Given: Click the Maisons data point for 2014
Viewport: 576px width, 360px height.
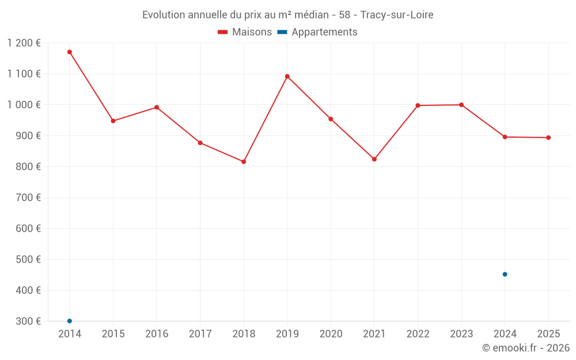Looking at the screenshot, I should pyautogui.click(x=70, y=52).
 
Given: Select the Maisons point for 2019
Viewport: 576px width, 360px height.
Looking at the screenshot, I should pyautogui.click(x=287, y=76).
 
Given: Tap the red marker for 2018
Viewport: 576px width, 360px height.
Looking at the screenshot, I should pyautogui.click(x=244, y=162).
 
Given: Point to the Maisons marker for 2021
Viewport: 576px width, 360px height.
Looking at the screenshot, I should pyautogui.click(x=374, y=159).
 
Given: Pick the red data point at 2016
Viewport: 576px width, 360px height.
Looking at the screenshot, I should pyautogui.click(x=157, y=107).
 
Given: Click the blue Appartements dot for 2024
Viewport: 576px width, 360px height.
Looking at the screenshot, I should pyautogui.click(x=505, y=274).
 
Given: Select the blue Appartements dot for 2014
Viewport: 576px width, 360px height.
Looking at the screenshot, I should pyautogui.click(x=70, y=321).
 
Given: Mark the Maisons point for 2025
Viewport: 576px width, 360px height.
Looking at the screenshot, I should pyautogui.click(x=548, y=138).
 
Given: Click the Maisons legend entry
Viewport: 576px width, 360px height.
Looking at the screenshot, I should pyautogui.click(x=245, y=32).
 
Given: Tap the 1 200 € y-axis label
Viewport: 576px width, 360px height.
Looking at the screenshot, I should pyautogui.click(x=24, y=43).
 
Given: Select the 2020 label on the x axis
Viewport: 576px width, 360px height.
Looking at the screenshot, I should pyautogui.click(x=331, y=334).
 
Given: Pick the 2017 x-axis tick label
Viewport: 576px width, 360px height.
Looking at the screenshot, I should pyautogui.click(x=200, y=334).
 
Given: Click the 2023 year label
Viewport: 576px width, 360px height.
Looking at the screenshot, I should pyautogui.click(x=461, y=334).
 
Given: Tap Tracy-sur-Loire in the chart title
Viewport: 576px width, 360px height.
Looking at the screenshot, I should pyautogui.click(x=397, y=15).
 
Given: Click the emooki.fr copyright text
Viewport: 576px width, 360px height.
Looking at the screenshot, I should pyautogui.click(x=526, y=348).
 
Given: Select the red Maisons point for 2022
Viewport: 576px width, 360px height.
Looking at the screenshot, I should pyautogui.click(x=418, y=105).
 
